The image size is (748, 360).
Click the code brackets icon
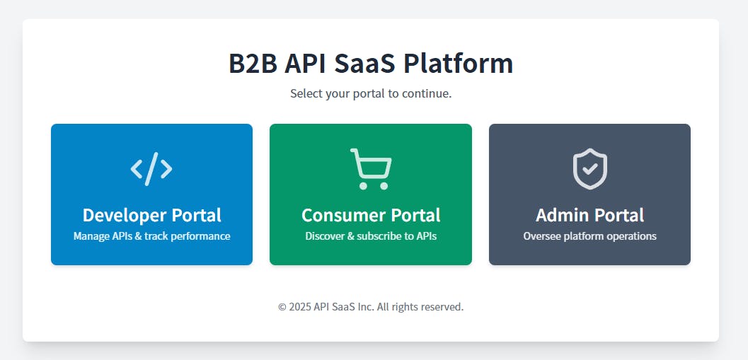pos(151,168)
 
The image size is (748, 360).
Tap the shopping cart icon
pos(371,169)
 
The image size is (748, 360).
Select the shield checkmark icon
pos(590,169)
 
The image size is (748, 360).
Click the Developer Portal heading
pos(151,215)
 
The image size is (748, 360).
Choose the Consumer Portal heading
pos(371,215)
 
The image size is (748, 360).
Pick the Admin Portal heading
pos(589,215)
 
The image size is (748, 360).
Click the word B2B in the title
pos(253,64)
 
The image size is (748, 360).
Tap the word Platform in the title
pos(458,64)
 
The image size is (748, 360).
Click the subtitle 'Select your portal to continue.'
pos(371,93)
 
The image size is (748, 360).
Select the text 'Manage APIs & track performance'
pos(151,236)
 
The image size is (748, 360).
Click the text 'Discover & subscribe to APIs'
pos(371,236)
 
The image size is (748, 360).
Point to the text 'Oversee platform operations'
pos(589,236)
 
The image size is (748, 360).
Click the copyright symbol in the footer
pos(282,306)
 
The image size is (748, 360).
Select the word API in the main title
pos(305,64)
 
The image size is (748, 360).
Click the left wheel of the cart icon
pos(363,185)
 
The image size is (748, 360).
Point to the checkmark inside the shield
pos(590,168)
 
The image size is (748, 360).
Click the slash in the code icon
pos(151,168)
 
